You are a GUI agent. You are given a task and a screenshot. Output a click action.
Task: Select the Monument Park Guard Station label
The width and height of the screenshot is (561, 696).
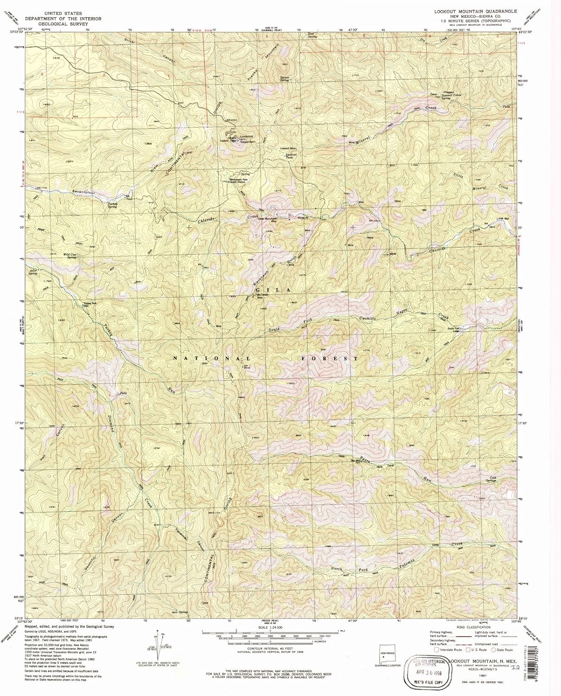(237, 180)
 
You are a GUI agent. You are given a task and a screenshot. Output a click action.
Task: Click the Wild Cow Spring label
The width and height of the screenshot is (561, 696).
(70, 256)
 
